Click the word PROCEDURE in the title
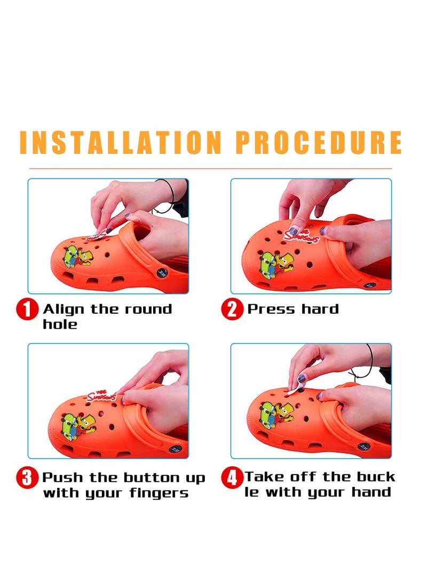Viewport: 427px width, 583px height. point(319,142)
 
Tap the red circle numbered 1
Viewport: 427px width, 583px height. point(27,310)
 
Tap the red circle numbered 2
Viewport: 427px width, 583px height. point(232,310)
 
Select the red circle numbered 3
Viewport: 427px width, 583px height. point(27,477)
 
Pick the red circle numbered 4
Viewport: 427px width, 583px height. point(232,477)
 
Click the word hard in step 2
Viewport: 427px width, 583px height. point(320,309)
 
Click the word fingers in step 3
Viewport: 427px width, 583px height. point(159,493)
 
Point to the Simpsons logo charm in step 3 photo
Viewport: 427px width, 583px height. point(101,397)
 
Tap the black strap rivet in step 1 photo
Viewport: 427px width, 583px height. point(161,274)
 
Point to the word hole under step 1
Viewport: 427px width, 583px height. point(60,324)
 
